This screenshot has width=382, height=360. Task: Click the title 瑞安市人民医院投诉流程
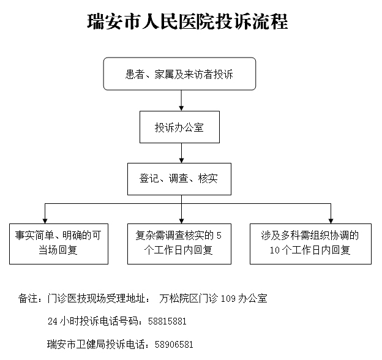187,21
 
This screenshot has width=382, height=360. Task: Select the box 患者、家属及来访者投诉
179,74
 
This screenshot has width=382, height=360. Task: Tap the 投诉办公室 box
179,127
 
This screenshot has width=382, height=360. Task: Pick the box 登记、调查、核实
179,179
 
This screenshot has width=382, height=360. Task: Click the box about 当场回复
59,244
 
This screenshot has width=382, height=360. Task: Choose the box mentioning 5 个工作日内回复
179,244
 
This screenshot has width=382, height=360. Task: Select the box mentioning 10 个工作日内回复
310,244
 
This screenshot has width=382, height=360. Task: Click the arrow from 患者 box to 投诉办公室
181,100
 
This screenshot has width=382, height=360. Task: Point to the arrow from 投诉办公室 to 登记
181,153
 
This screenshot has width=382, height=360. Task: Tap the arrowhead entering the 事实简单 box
45,221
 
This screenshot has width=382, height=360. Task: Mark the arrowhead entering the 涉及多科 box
331,221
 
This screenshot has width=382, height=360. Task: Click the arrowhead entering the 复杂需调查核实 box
181,221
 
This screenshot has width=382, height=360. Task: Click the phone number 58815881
167,321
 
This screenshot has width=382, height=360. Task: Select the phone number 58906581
174,345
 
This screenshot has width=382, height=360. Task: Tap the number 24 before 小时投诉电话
53,321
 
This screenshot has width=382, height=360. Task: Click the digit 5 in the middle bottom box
219,236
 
